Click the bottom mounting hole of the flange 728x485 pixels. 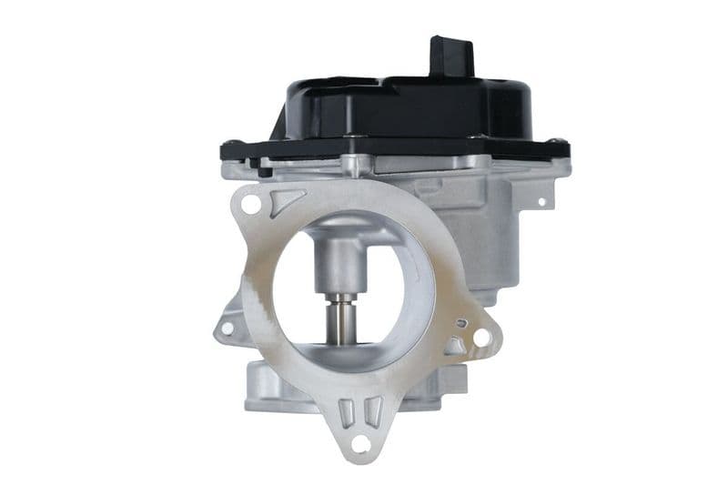[360, 443]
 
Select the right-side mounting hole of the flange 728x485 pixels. [481, 338]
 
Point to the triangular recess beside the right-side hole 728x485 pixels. [455, 345]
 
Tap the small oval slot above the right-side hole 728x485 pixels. [461, 321]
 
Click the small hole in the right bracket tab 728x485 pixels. [542, 202]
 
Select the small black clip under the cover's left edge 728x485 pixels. [265, 169]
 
